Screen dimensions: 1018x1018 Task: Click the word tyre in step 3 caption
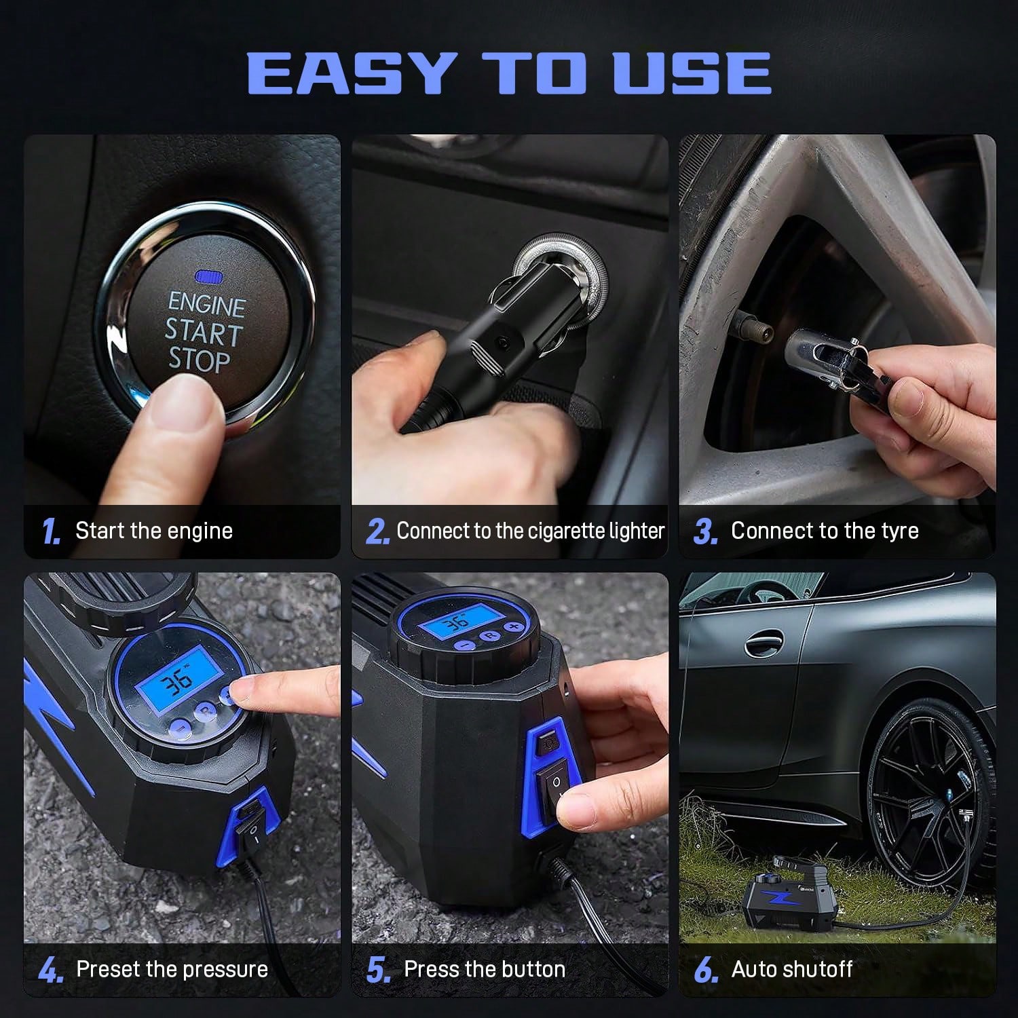pyautogui.click(x=896, y=531)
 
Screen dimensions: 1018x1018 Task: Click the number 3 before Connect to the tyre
pyautogui.click(x=706, y=533)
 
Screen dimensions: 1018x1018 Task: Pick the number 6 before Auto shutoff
pyautogui.click(x=706, y=971)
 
